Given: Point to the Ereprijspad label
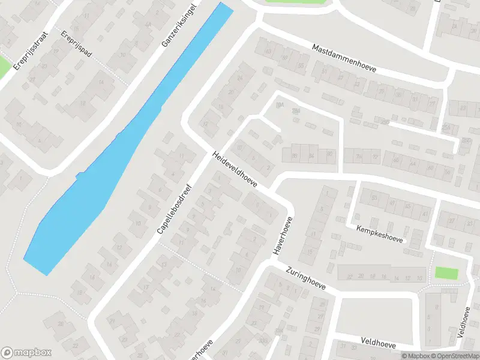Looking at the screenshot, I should click(76, 44).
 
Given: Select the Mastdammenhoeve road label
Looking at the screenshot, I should click(344, 58).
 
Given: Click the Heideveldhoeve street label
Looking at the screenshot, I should click(235, 170).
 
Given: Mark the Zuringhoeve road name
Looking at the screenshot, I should click(305, 279).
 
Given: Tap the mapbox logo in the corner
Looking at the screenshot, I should click(26, 353).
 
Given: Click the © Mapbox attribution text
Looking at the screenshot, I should click(415, 356).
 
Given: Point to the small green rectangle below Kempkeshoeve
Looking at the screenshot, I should click(446, 273).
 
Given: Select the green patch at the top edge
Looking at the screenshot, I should click(298, 2).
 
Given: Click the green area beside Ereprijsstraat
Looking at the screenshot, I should click(4, 66).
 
